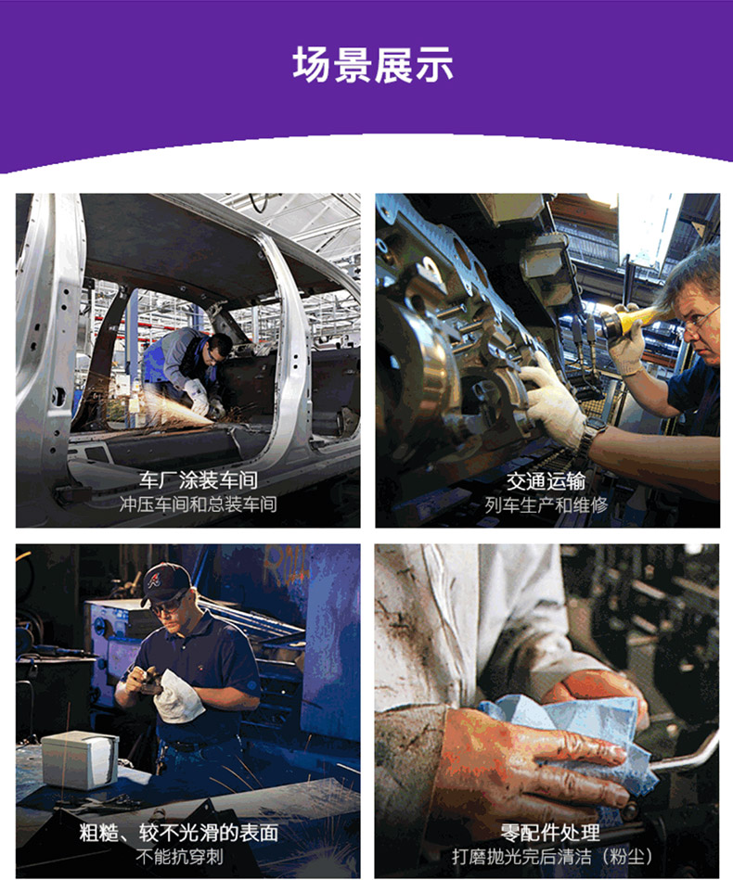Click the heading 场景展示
pos(372,65)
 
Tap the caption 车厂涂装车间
pos(199,480)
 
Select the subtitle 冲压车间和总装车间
pos(199,504)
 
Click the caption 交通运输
pos(546,481)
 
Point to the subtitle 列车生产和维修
pos(547,505)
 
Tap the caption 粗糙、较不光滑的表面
pos(179,833)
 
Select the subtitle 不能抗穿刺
pos(179,857)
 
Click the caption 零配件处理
pos(550,833)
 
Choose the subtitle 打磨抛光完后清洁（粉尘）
pos(552,857)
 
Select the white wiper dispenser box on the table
pos(81,759)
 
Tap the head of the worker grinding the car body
pos(218,348)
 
